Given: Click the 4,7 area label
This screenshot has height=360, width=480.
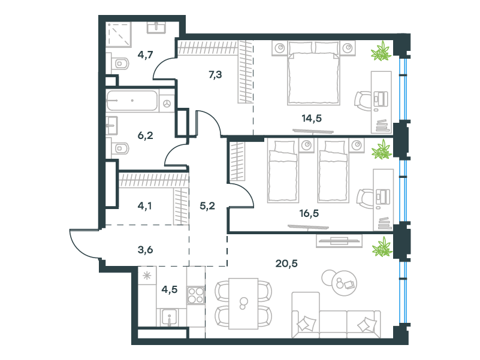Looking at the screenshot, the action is [145, 55].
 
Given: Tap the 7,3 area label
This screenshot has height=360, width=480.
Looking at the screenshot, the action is [215, 74].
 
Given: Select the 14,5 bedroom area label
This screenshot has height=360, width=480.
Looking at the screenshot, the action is [312, 118].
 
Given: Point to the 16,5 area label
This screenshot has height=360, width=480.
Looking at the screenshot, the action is [309, 213].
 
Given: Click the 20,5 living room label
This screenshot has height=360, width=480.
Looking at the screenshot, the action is [286, 264].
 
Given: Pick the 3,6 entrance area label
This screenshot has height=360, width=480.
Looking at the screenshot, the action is [145, 250].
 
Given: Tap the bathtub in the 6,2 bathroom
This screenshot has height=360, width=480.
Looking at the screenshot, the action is [132, 101].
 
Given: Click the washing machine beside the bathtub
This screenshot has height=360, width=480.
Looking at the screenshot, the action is [167, 104].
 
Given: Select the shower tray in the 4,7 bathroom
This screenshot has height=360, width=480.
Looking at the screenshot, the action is [118, 34].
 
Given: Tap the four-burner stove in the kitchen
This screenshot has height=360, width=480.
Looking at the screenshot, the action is [195, 295].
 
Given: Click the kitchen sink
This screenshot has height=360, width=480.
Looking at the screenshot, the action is [169, 317].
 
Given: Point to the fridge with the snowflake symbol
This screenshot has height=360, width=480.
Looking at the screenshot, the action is [147, 276].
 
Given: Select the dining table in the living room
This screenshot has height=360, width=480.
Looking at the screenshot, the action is [244, 303].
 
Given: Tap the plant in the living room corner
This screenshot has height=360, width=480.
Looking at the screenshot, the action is [382, 247].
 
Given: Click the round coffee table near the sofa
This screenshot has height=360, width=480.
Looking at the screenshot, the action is [344, 283].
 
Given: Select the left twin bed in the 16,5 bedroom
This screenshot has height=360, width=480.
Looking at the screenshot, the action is [283, 171].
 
